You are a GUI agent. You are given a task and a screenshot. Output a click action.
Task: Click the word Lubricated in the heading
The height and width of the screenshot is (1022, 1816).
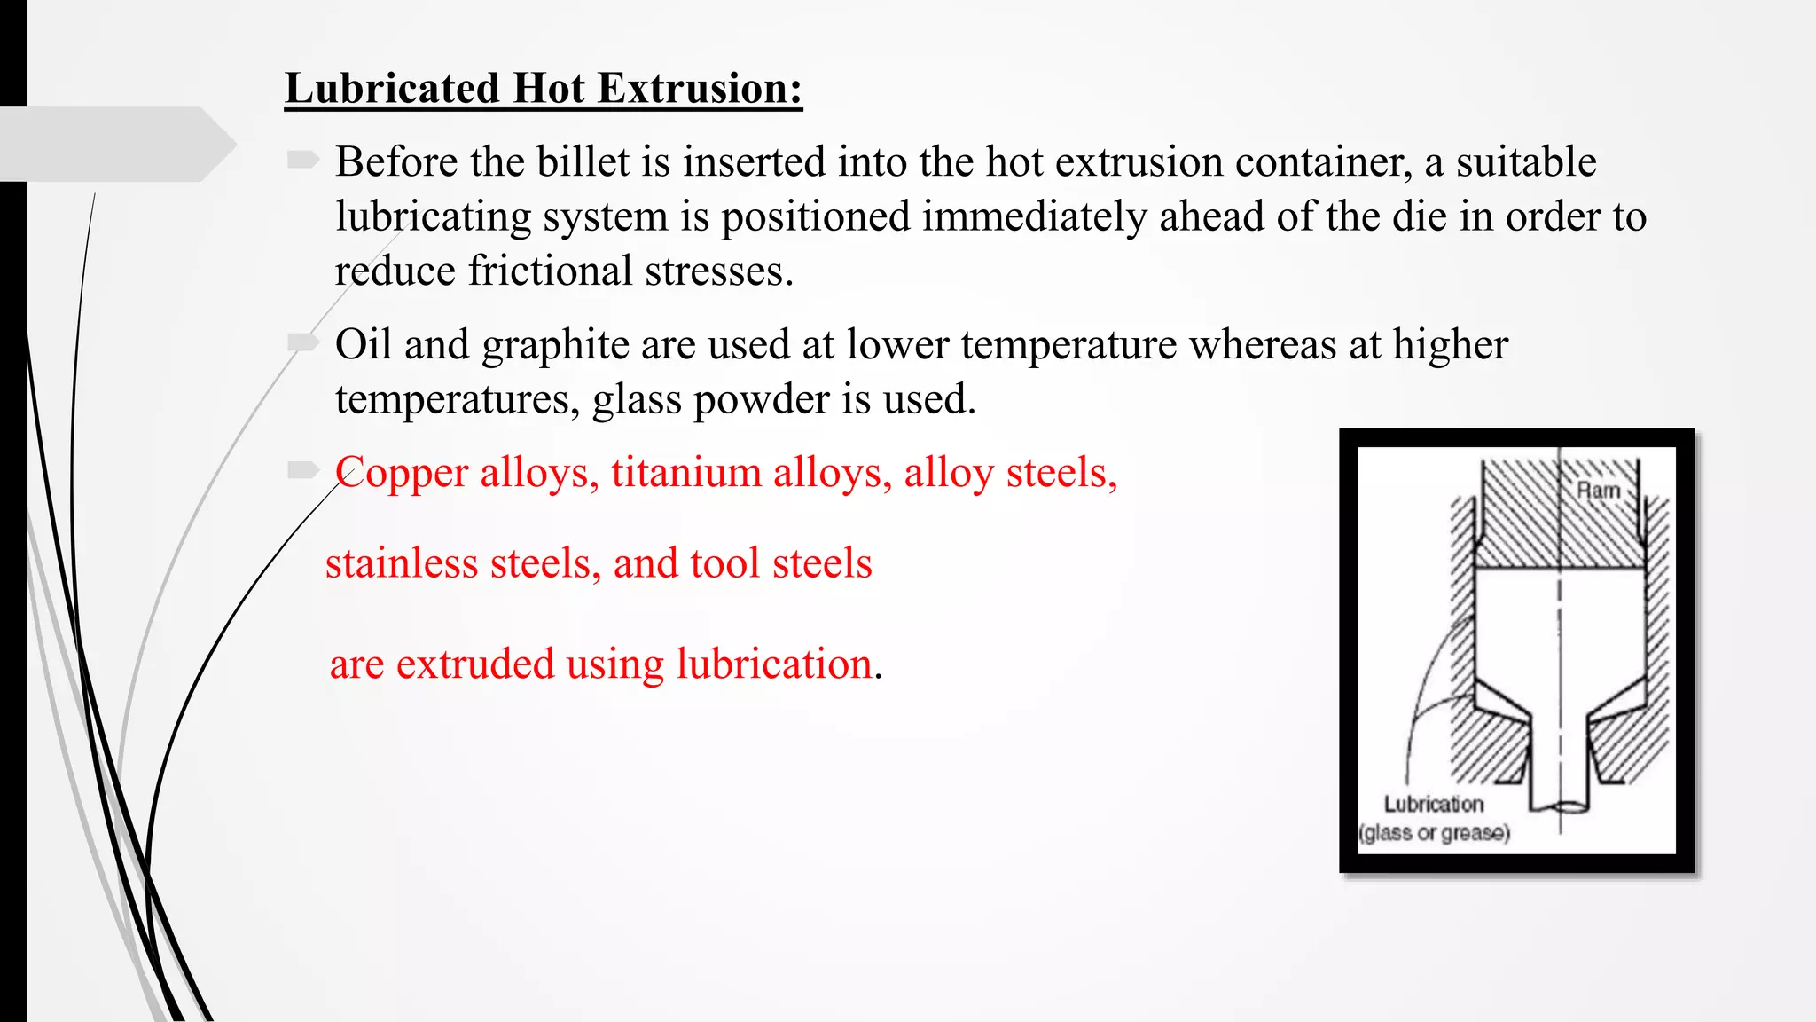tap(393, 90)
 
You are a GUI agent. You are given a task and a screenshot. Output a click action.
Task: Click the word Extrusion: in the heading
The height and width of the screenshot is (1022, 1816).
tap(700, 90)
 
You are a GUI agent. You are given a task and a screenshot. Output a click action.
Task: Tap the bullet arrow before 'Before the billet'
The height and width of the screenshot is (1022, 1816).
tap(302, 160)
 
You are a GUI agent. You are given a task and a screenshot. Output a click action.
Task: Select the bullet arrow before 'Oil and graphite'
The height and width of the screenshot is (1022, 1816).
tap(302, 342)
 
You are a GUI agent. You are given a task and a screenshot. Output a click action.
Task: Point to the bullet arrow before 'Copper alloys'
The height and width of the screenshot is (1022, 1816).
tap(302, 470)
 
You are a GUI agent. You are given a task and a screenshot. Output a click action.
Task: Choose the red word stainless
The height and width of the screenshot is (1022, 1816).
tap(401, 564)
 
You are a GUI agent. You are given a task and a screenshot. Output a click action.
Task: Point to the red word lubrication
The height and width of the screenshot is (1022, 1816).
tap(774, 664)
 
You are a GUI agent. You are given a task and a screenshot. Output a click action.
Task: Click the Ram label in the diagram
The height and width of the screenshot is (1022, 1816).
tap(1598, 491)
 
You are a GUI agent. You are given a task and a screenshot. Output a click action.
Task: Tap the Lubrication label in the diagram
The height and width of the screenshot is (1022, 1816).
tap(1433, 804)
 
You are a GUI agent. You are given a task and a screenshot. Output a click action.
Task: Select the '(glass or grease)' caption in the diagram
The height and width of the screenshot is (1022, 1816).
tap(1434, 833)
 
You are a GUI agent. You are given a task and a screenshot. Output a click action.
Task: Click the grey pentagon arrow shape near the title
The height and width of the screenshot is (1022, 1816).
tap(115, 144)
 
